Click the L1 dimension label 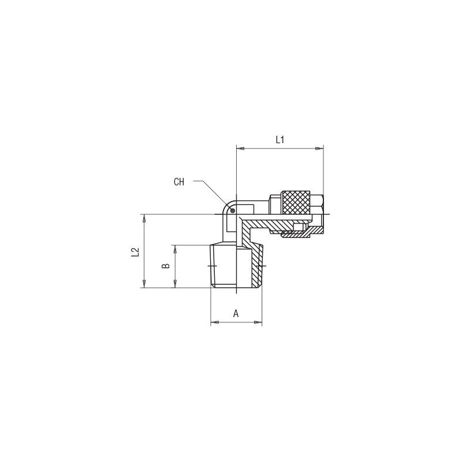point(280,140)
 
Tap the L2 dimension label point(135,252)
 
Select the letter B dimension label point(166,266)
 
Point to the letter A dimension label point(236,314)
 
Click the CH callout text point(179,182)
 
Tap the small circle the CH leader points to point(233,210)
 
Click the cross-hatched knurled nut point(296,203)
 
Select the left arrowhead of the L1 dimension point(240,148)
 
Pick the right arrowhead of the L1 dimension point(319,148)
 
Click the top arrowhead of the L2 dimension point(144,218)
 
